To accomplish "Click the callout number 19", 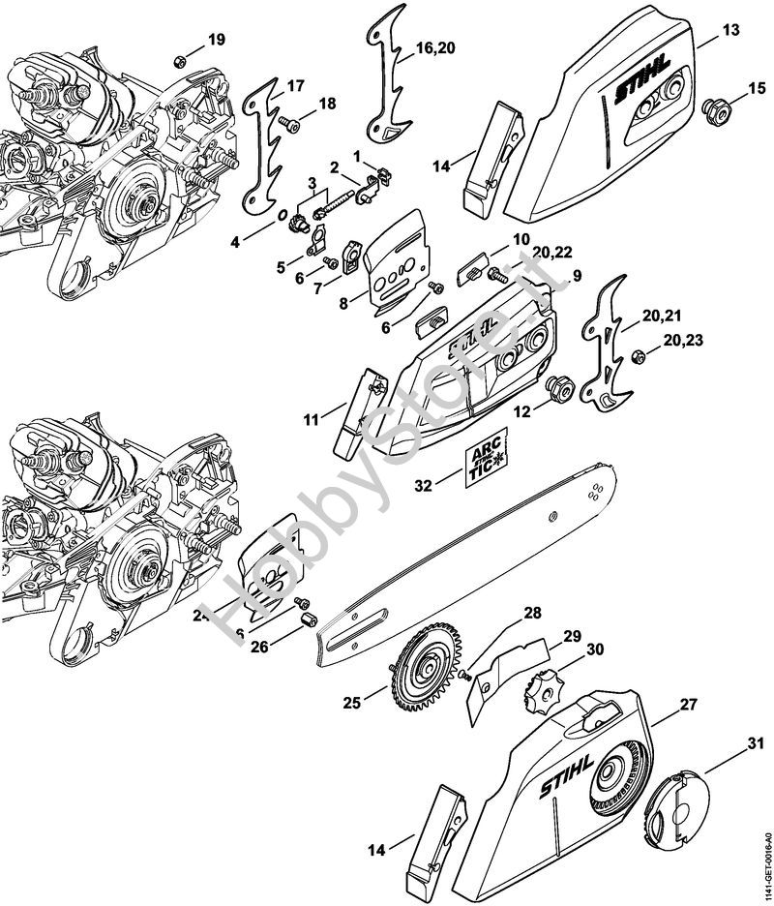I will tap(216, 40).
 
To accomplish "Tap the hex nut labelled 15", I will tap(718, 106).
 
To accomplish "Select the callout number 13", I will tap(731, 30).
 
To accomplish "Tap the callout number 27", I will tap(688, 706).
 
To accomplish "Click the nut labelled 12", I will tap(559, 390).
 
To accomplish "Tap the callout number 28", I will tap(532, 613).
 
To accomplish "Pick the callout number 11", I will tap(311, 420).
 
